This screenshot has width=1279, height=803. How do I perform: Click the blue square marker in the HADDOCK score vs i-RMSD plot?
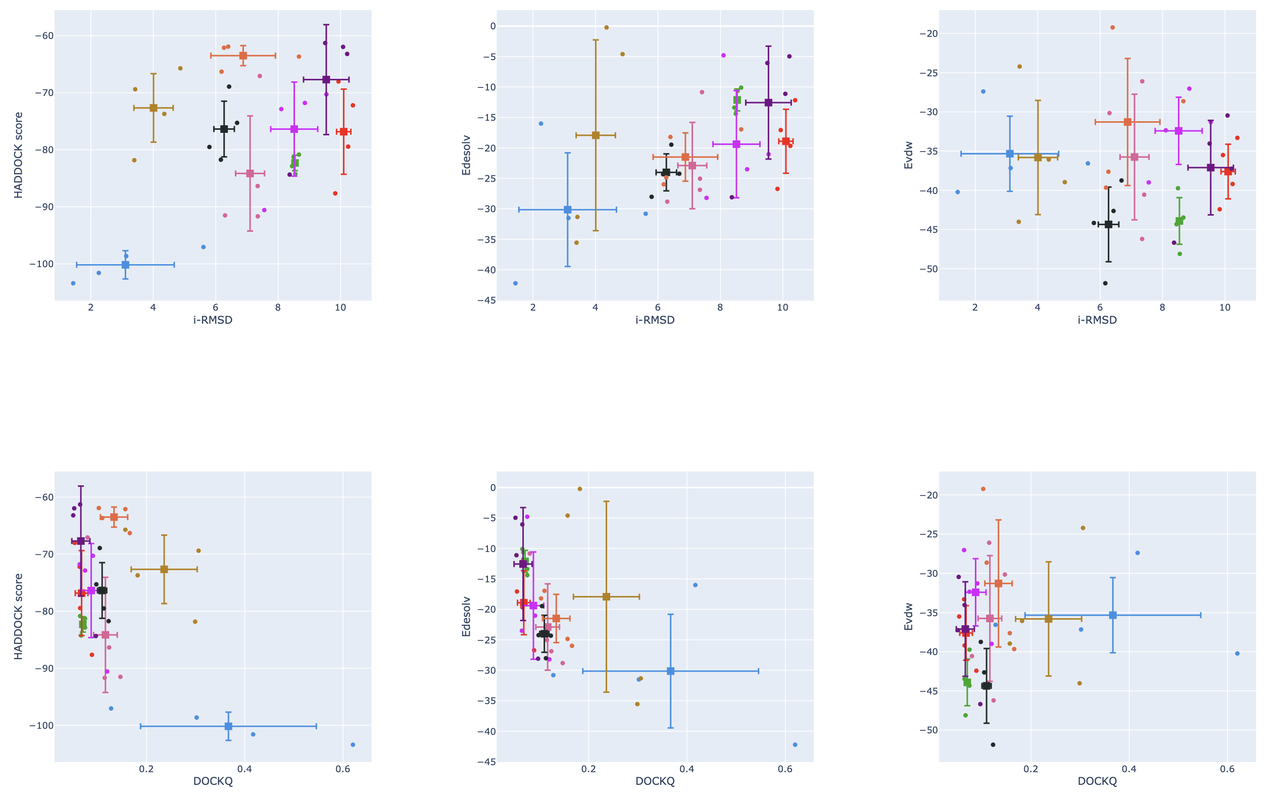coord(125,265)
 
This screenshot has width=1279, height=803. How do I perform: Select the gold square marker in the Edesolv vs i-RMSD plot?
coord(596,135)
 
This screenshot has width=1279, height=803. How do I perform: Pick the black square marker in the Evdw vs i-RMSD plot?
coord(1108,224)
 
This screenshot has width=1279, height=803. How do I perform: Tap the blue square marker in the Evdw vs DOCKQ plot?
coord(1113,615)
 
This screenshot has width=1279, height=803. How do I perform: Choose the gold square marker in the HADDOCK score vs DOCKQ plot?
coord(164,569)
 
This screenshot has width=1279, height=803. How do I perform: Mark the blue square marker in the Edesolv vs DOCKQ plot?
coord(670,671)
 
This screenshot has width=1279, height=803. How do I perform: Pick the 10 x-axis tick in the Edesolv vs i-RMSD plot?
coord(782,308)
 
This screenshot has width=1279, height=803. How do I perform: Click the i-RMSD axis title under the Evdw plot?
coord(1097,320)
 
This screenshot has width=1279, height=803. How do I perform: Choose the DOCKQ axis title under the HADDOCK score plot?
coord(213,782)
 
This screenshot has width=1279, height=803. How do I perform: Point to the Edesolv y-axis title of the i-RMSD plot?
coord(466,155)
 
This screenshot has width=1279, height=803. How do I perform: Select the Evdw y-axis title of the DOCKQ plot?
coord(908,617)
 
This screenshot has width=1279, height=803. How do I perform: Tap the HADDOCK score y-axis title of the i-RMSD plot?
coord(19,155)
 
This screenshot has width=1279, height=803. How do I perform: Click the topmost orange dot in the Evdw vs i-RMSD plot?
coord(1112,28)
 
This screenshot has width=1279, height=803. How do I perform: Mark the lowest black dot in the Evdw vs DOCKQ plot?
coord(993,744)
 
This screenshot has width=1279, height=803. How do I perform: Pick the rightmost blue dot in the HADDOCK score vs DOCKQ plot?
coord(353,744)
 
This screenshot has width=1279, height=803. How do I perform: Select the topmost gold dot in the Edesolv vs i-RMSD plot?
coord(606,28)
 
